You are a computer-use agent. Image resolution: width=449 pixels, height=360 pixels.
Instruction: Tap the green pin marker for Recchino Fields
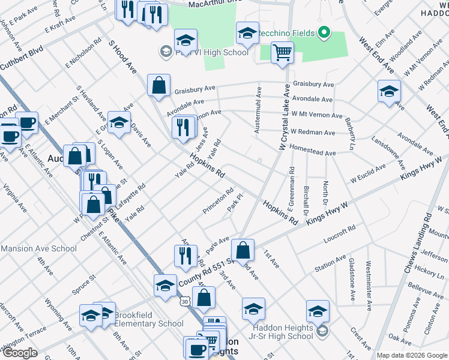pyautogui.click(x=325, y=32)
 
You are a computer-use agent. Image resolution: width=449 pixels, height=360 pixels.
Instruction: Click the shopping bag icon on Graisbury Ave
pyautogui.click(x=158, y=86)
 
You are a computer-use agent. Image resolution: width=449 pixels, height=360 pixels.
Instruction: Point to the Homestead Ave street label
pyautogui.click(x=313, y=153)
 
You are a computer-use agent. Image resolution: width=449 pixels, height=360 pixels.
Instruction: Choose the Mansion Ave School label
pyautogui.click(x=38, y=248)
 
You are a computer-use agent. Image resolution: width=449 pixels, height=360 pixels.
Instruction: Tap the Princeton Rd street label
pyautogui.click(x=217, y=200)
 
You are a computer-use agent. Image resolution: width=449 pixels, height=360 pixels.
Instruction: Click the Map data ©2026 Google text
pyautogui.click(x=412, y=355)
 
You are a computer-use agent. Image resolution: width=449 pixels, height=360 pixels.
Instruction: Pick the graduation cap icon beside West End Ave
pyautogui.click(x=389, y=92)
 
